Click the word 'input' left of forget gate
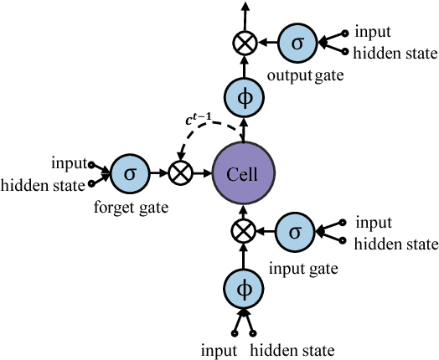pos(70,161)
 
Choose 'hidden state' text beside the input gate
pos(396,244)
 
